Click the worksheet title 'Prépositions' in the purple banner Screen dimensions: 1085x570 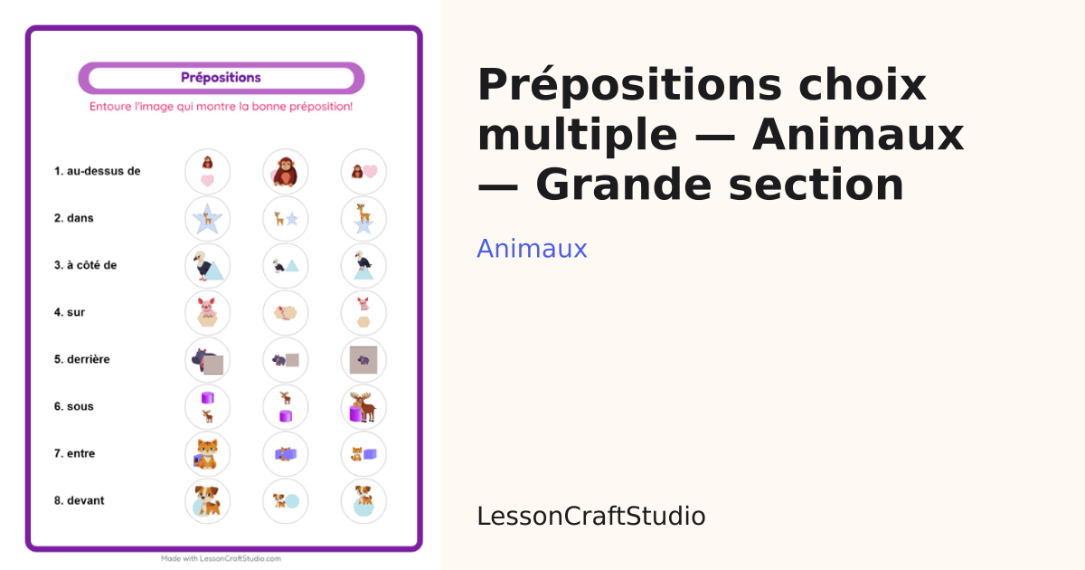pos(221,78)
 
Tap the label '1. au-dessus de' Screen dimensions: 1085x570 pos(97,171)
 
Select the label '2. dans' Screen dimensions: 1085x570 pos(73,218)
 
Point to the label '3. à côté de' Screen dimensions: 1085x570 pos(85,265)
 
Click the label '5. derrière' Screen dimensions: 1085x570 pos(82,359)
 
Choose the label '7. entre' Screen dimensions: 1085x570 pos(74,453)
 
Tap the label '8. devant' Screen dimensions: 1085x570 pos(79,500)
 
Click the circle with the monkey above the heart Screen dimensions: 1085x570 pos(207,172)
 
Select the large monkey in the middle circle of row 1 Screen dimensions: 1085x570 pos(286,172)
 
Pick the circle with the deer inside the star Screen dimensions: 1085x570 pos(207,219)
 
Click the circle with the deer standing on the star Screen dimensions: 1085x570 pos(363,219)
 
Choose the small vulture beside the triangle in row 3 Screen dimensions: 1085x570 pos(278,266)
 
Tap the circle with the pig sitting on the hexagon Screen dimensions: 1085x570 pos(207,313)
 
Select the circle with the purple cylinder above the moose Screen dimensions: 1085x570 pos(207,406)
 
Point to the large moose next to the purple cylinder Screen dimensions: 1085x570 pos(364,406)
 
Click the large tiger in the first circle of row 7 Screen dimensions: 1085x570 pos(207,454)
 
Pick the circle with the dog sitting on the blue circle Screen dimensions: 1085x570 pos(363,500)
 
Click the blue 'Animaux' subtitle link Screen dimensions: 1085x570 pos(532,249)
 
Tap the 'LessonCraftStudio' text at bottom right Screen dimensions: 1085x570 pos(591,517)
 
